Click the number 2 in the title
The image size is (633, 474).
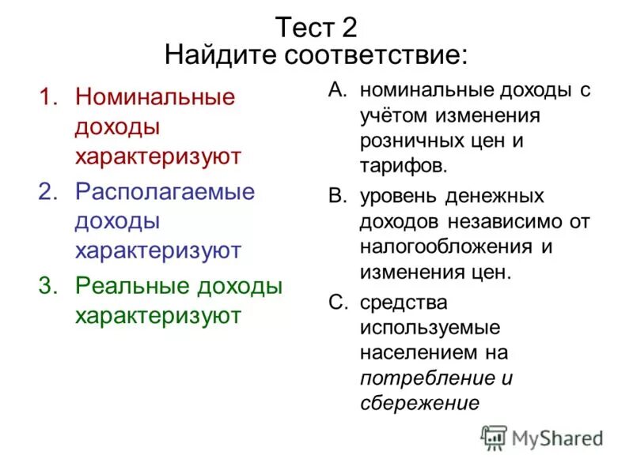(349, 28)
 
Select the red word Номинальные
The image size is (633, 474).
(155, 97)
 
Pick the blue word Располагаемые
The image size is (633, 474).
(165, 192)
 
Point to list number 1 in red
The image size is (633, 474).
(48, 97)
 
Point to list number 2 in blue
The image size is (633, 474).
(48, 192)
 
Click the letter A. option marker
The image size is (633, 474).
(337, 89)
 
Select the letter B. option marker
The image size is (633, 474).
(337, 195)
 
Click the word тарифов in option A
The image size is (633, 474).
(404, 167)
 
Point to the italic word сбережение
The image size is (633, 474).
(419, 403)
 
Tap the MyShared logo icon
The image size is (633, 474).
(494, 437)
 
